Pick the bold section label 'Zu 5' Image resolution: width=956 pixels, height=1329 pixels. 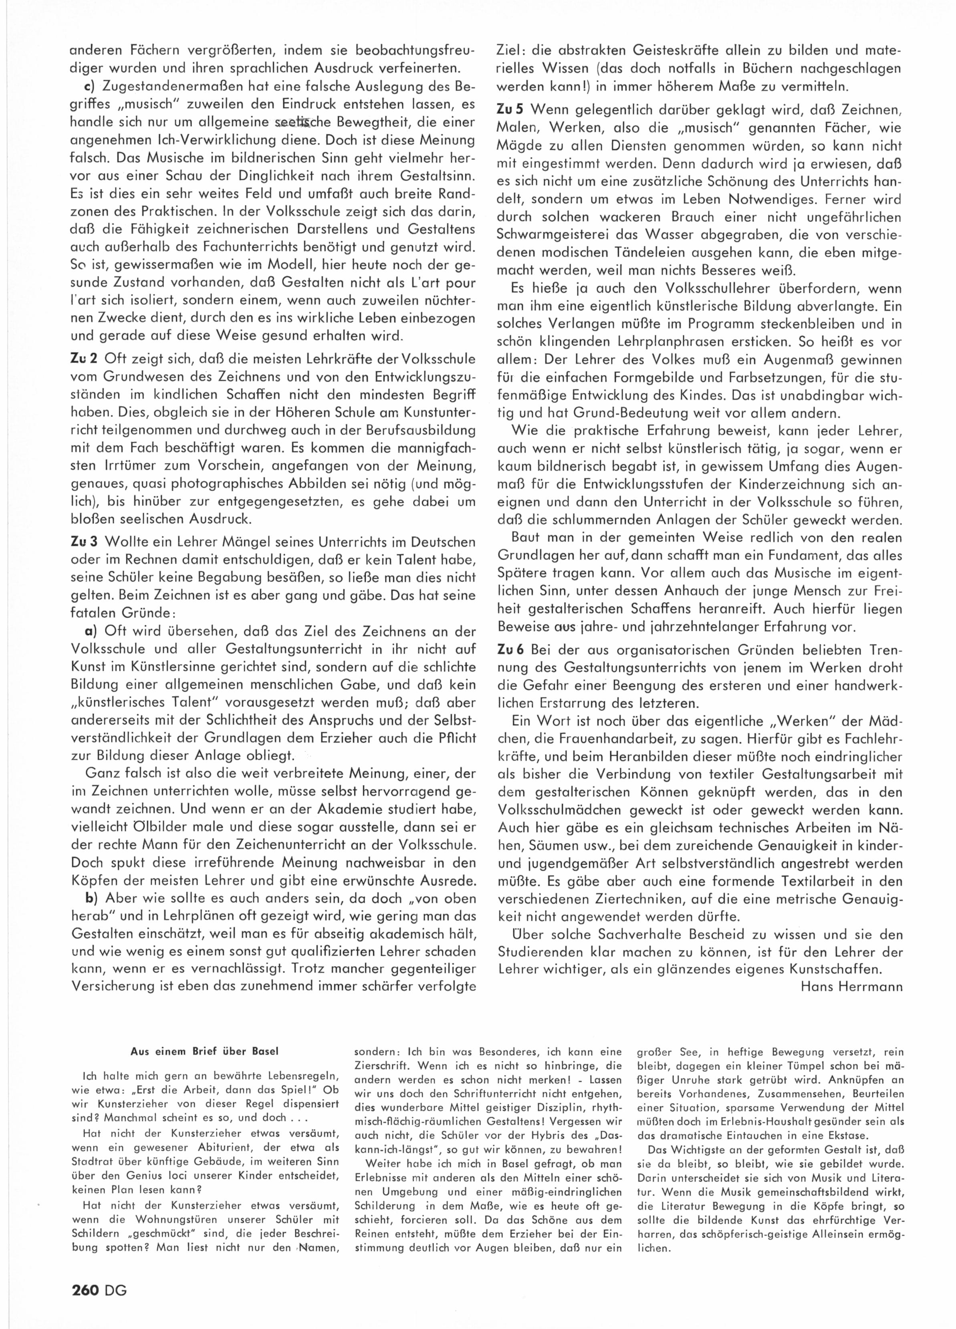509,110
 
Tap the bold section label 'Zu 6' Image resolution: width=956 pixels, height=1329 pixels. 509,650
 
